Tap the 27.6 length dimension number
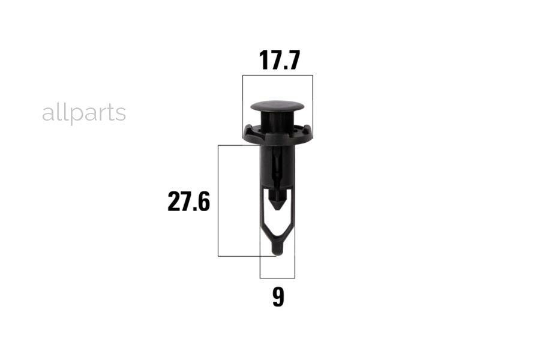[x=189, y=202]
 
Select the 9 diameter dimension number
[x=278, y=298]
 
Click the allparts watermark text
[x=84, y=113]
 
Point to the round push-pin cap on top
[x=278, y=106]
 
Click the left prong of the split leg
[x=265, y=213]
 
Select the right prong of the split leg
[x=289, y=213]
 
